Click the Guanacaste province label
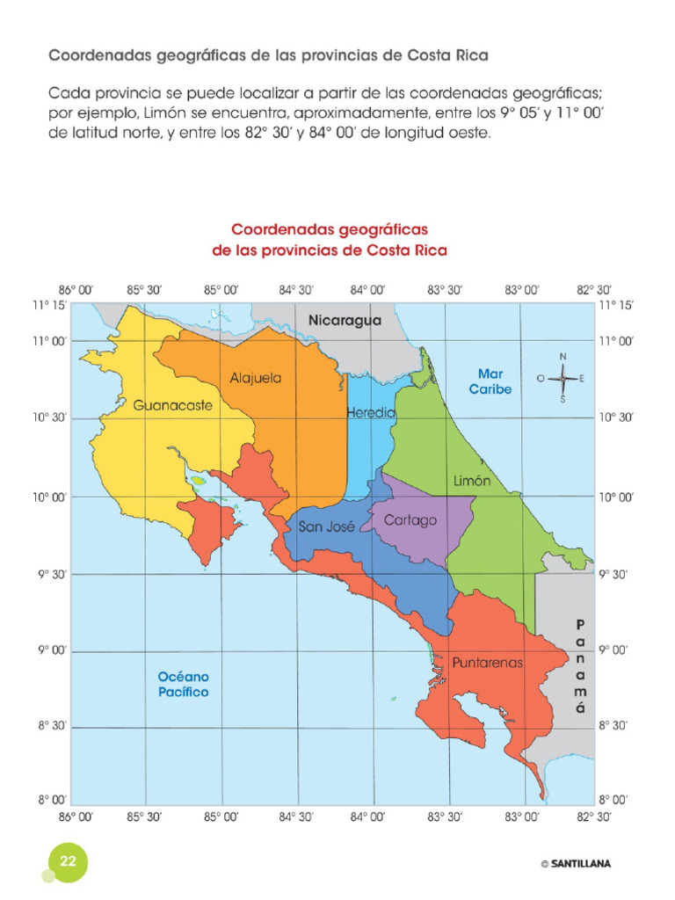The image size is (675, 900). [173, 406]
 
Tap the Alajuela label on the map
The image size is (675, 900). [256, 378]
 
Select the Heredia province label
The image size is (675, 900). [371, 412]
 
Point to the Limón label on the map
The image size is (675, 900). [472, 481]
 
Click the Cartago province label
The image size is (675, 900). [410, 520]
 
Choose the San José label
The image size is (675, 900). [326, 527]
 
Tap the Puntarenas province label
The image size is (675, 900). [488, 662]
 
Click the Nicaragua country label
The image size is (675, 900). [345, 321]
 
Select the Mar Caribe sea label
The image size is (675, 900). [490, 381]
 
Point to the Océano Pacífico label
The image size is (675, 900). [183, 685]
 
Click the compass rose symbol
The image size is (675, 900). [562, 379]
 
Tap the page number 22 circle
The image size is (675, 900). [67, 860]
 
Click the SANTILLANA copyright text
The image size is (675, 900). [576, 864]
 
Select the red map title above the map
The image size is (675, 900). [330, 239]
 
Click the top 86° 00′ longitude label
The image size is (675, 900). [76, 289]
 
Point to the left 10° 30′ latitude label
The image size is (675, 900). [49, 418]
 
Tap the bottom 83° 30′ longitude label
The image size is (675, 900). [445, 817]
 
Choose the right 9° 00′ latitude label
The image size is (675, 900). [614, 650]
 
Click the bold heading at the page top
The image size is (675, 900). [267, 54]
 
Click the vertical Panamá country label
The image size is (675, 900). [579, 665]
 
